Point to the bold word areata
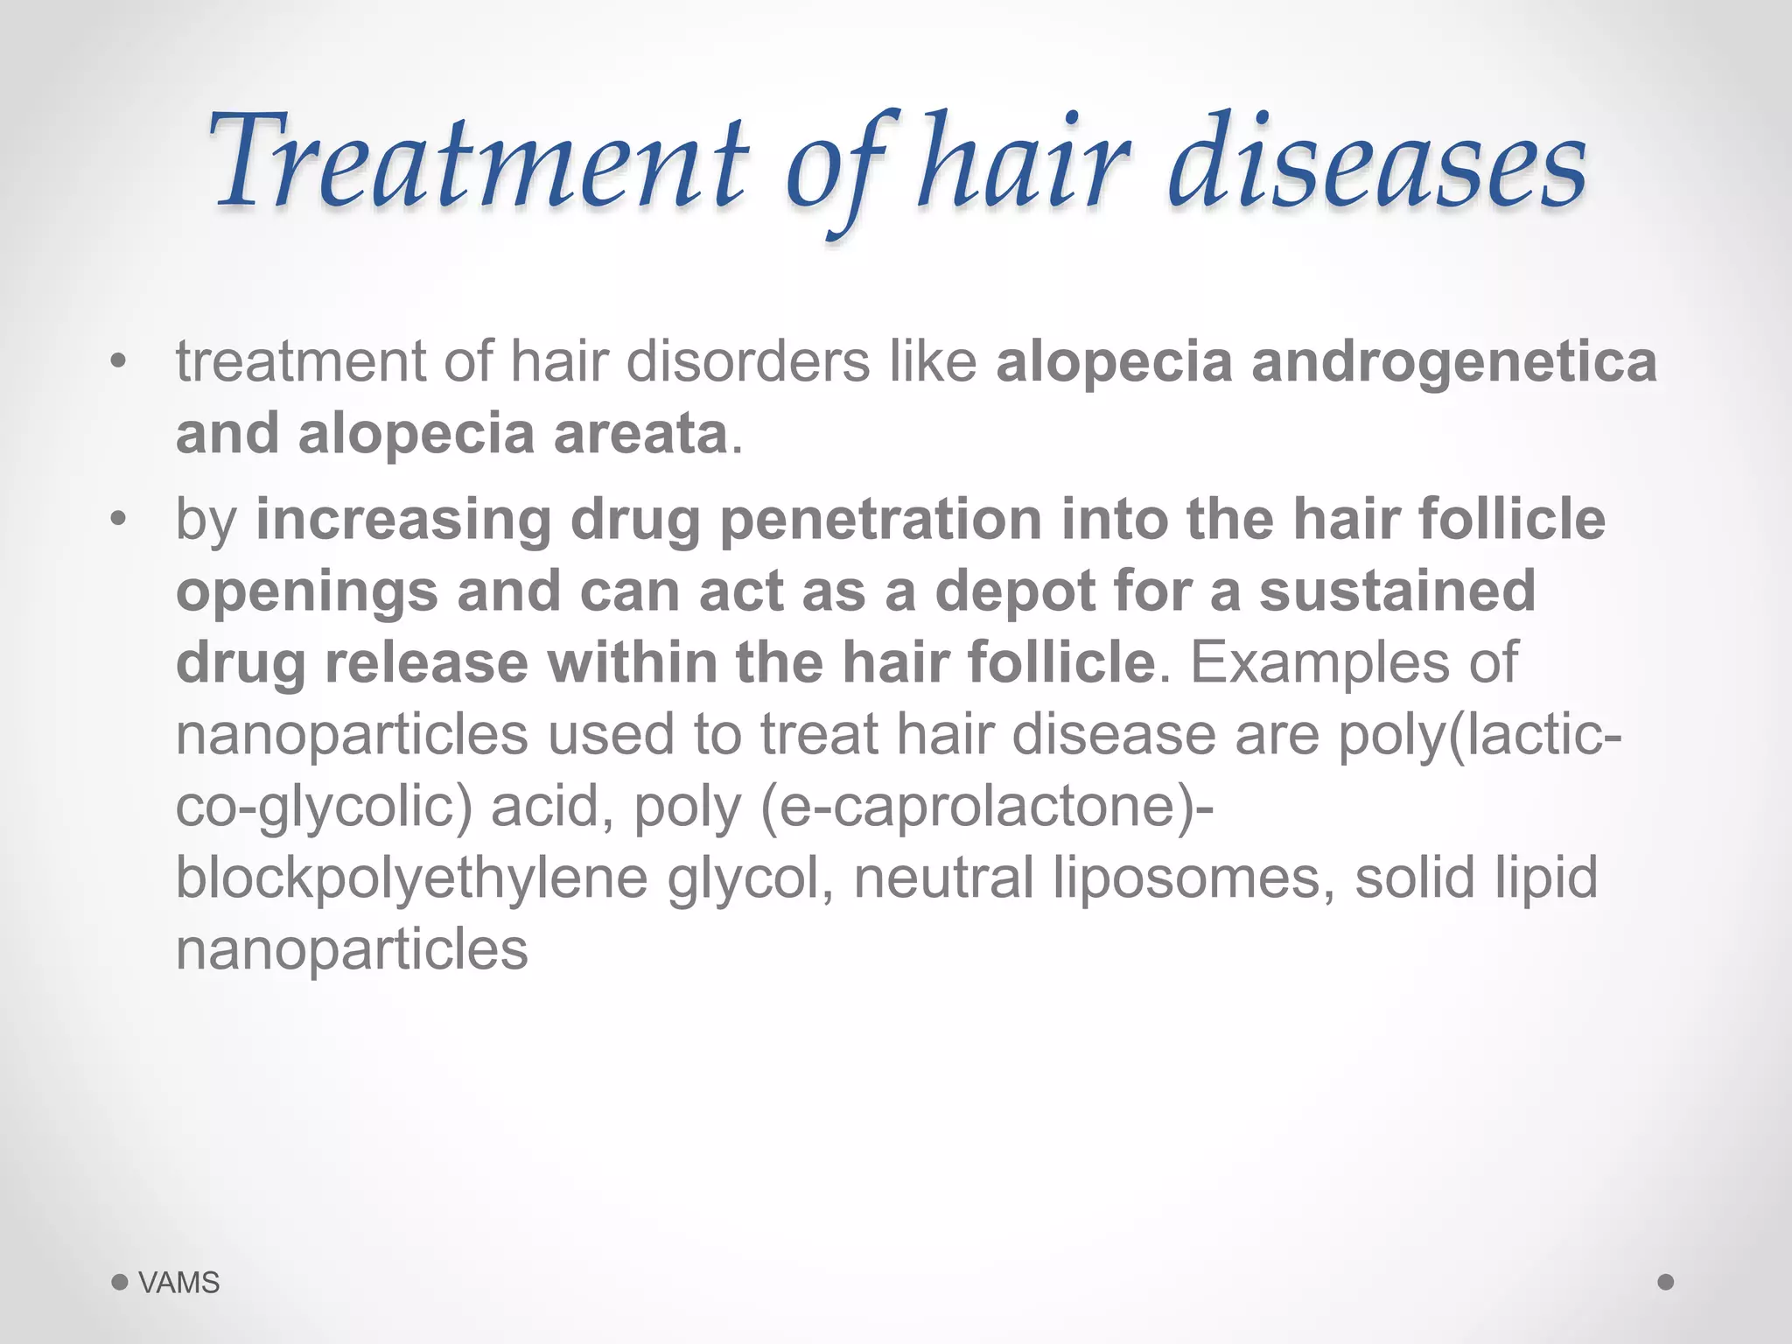(x=643, y=433)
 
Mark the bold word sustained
(x=1397, y=591)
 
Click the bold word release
(x=426, y=662)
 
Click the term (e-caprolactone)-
(x=987, y=807)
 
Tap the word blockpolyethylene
(x=411, y=878)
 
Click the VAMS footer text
(x=178, y=1283)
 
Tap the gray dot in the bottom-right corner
(x=1666, y=1282)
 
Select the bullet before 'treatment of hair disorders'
(x=119, y=362)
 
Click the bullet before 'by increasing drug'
(x=119, y=521)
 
